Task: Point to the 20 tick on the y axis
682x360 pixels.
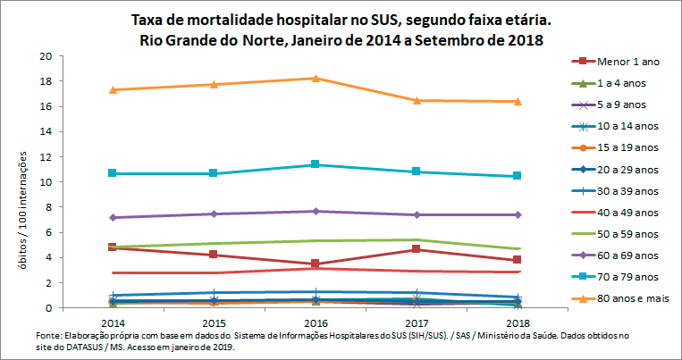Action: tap(45, 56)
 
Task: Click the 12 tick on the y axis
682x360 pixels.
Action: tap(45, 157)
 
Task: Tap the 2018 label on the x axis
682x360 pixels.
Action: tap(517, 322)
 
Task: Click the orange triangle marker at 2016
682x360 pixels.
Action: tap(316, 79)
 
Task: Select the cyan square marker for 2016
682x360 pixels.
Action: tap(316, 164)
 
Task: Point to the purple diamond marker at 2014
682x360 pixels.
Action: tap(113, 217)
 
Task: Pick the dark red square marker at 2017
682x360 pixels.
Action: tap(417, 249)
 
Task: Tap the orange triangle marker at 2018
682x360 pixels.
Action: tap(518, 101)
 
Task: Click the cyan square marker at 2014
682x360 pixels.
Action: tap(113, 172)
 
